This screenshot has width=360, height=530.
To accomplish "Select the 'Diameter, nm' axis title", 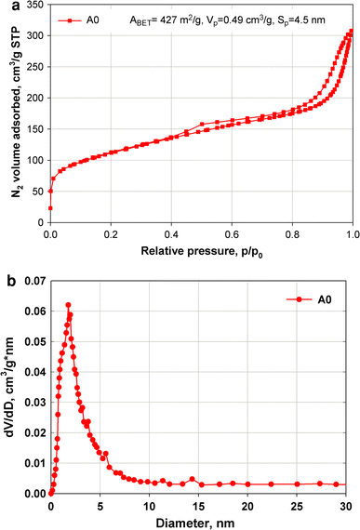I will coord(201,523).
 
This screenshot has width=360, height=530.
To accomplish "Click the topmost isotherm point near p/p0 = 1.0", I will coord(351,32).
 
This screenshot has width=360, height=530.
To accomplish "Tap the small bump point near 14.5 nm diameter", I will coord(193,479).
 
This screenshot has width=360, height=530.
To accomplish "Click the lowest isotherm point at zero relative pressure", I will coord(50,207).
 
